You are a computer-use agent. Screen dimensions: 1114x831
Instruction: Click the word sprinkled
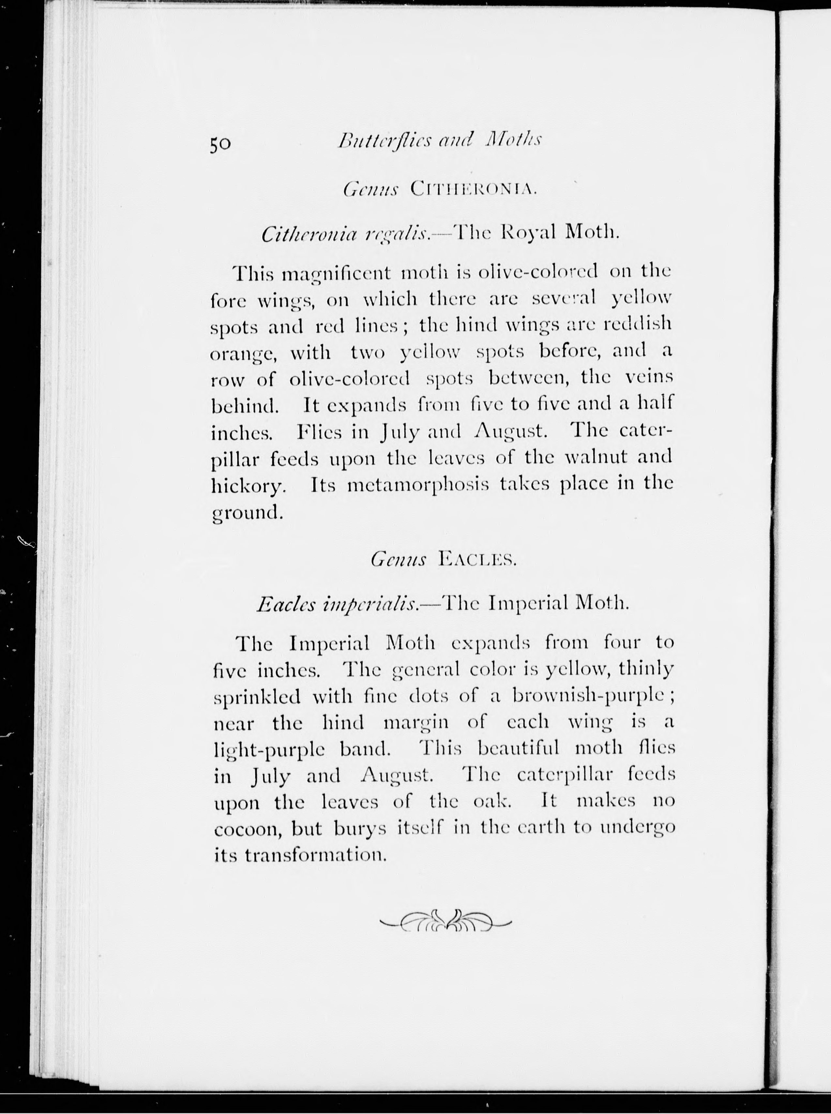pos(257,698)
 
